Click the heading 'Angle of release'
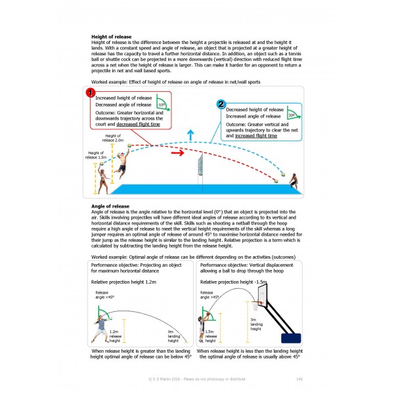[110, 206]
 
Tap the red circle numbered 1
[91, 94]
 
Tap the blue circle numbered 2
[221, 104]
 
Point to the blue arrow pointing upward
[190, 135]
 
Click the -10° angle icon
[162, 103]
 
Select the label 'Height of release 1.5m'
[95, 154]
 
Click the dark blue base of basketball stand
[291, 338]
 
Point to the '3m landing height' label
[257, 324]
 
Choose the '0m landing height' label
[173, 337]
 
